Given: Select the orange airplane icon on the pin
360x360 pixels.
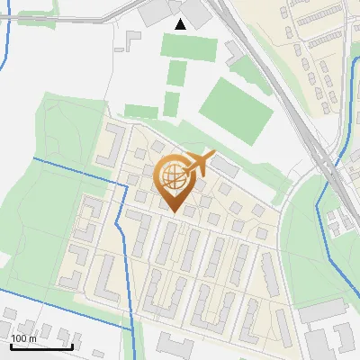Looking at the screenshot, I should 200,164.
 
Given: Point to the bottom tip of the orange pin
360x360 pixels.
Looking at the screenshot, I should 174,212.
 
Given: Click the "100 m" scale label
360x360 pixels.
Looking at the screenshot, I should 23,338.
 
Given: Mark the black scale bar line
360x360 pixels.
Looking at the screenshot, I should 41,346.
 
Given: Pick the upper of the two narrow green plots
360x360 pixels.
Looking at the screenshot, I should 177,73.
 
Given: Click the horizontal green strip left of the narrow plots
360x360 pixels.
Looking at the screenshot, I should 140,111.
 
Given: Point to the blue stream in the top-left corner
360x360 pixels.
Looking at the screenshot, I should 6,36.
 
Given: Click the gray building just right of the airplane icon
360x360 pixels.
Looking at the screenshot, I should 227,167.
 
